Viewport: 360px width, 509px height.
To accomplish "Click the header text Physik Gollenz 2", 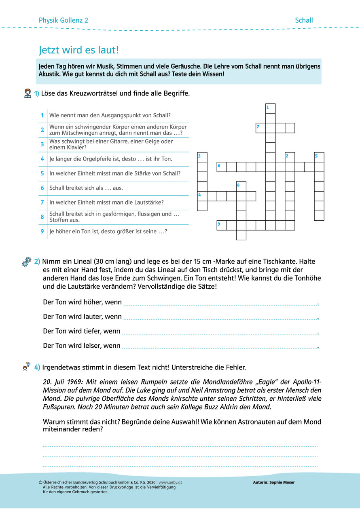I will pyautogui.click(x=64, y=20).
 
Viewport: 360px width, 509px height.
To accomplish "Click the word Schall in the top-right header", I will pyautogui.click(x=304, y=20).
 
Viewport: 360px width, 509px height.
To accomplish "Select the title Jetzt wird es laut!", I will pyautogui.click(x=79, y=50).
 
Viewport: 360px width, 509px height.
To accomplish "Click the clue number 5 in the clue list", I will pyautogui.click(x=42, y=173).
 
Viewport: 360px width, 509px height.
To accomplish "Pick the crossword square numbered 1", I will pyautogui.click(x=270, y=109).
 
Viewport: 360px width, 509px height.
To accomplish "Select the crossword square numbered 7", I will pyautogui.click(x=260, y=128).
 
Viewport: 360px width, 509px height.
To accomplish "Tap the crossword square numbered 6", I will pyautogui.click(x=221, y=167).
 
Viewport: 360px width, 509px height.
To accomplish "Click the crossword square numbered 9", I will pyautogui.click(x=221, y=225).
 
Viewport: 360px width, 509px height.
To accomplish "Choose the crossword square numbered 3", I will pyautogui.click(x=202, y=157).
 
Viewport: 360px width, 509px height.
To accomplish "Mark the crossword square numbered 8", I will pyautogui.click(x=241, y=186).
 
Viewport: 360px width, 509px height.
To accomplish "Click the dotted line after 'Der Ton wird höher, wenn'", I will pyautogui.click(x=220, y=304).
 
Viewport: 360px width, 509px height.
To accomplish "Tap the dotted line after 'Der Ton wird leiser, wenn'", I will pyautogui.click(x=220, y=347).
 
